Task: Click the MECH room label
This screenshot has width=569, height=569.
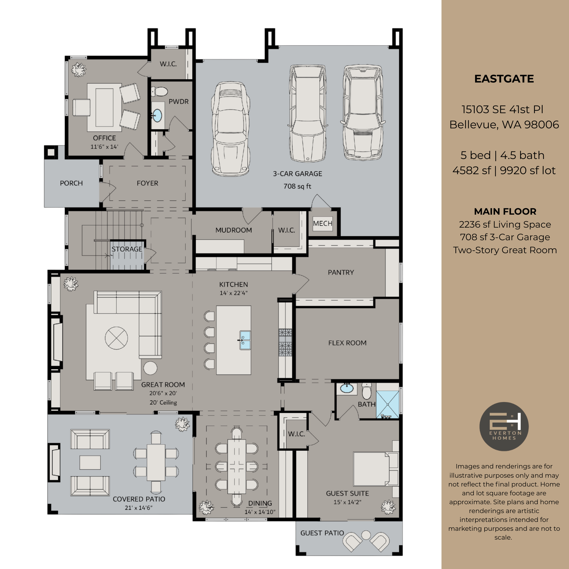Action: [x=322, y=223]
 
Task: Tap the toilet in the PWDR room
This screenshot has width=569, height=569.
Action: [x=160, y=92]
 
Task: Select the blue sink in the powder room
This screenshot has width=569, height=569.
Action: [x=157, y=115]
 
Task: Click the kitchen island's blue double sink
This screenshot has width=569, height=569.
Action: [x=245, y=340]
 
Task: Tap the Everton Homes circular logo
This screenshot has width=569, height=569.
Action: [x=504, y=426]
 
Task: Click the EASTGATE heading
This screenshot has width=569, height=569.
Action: [x=504, y=79]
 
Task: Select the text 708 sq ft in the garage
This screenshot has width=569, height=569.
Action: [x=297, y=186]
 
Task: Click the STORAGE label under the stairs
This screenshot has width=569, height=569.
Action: [x=127, y=249]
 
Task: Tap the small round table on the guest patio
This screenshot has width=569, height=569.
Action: [x=366, y=535]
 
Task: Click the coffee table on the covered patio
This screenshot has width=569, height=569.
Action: [x=90, y=462]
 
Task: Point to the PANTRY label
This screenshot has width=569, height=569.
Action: [x=341, y=272]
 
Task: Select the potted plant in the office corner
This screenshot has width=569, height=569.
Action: [x=78, y=69]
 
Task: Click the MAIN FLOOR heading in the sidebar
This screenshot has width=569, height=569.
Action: [x=505, y=211]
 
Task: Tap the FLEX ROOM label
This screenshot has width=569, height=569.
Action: [x=347, y=343]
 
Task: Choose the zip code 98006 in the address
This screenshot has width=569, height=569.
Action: [x=541, y=125]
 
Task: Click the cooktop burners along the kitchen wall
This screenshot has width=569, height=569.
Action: [x=285, y=342]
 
